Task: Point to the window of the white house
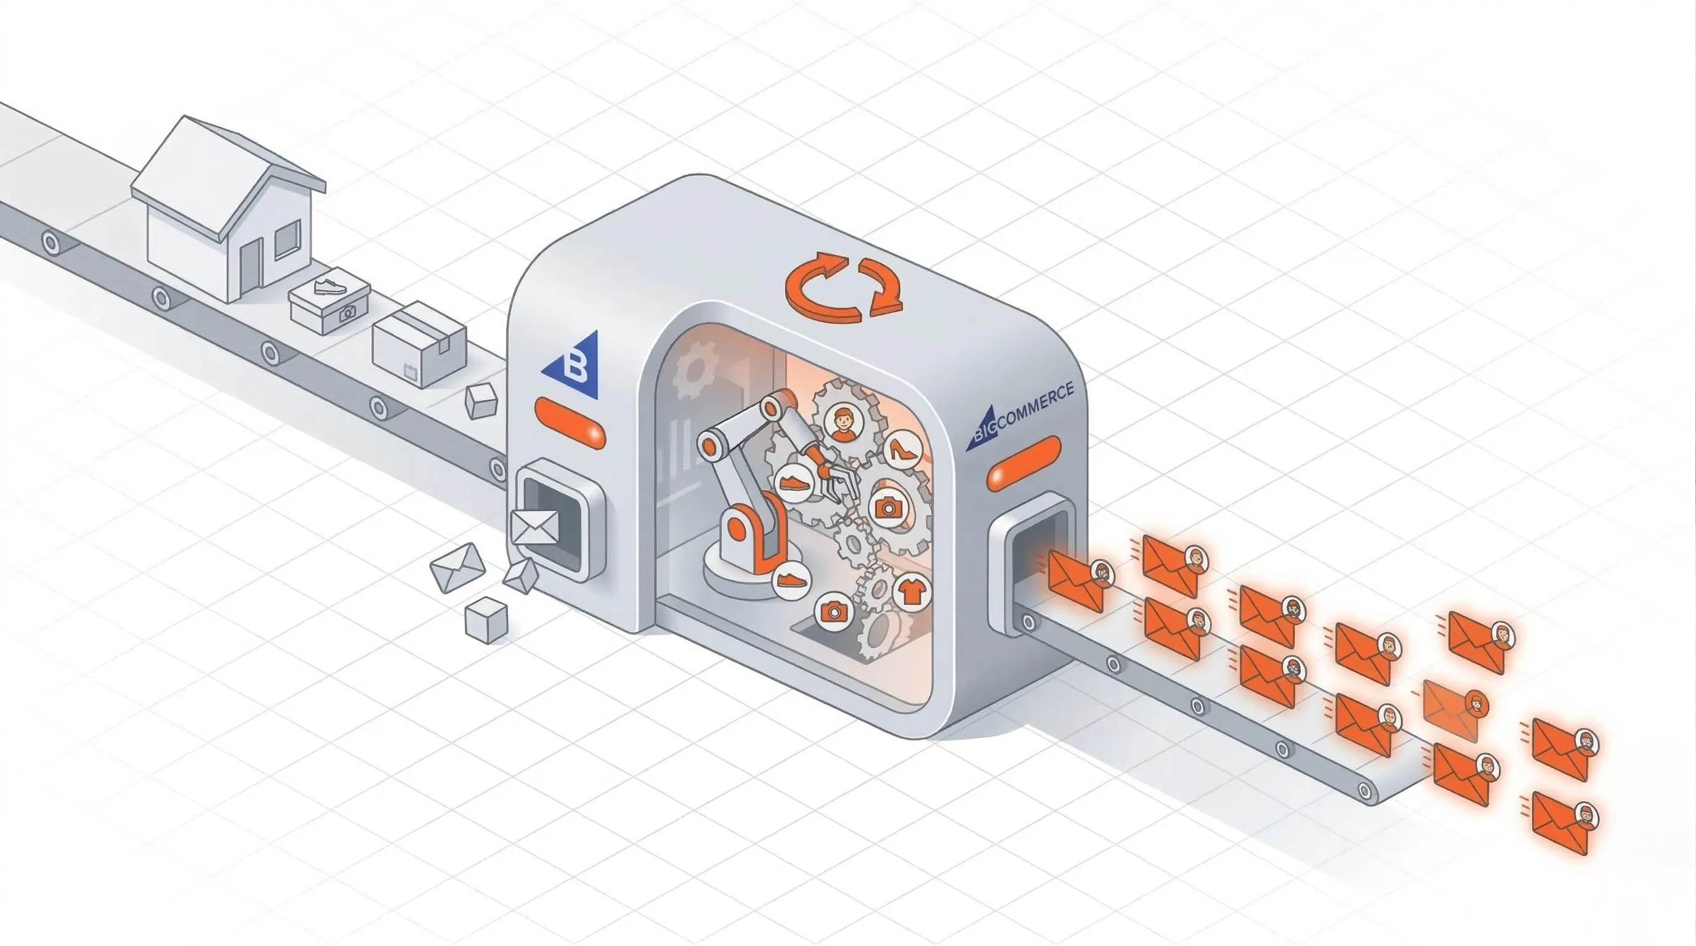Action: [286, 239]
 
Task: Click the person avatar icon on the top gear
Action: [844, 423]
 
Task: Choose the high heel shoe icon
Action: [902, 450]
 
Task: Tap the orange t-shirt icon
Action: [912, 591]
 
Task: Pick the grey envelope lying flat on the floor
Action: [457, 567]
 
